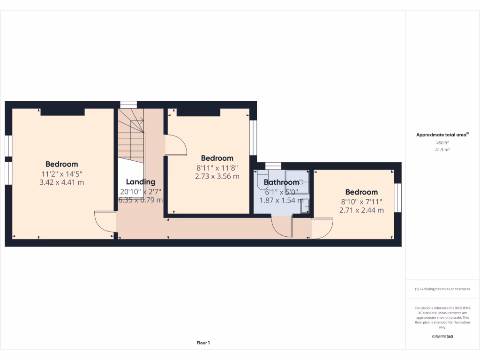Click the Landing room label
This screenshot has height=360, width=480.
(140, 182)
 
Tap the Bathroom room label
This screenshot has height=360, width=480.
(281, 182)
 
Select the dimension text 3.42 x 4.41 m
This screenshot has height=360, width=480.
(62, 182)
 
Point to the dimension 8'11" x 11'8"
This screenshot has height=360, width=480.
(217, 167)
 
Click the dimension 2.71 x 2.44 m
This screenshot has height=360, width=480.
(361, 210)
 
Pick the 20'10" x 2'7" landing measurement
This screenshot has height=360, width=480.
(140, 191)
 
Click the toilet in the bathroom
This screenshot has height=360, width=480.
(261, 180)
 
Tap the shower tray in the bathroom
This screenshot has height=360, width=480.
(297, 182)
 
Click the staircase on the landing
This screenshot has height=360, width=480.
(130, 134)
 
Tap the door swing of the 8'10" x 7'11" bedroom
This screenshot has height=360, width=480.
(322, 228)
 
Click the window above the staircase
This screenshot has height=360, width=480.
(128, 105)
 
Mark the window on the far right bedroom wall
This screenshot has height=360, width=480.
(398, 198)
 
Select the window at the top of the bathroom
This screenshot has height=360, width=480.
(273, 165)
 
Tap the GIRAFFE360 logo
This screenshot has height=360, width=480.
(442, 337)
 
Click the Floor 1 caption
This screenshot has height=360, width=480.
(203, 343)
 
